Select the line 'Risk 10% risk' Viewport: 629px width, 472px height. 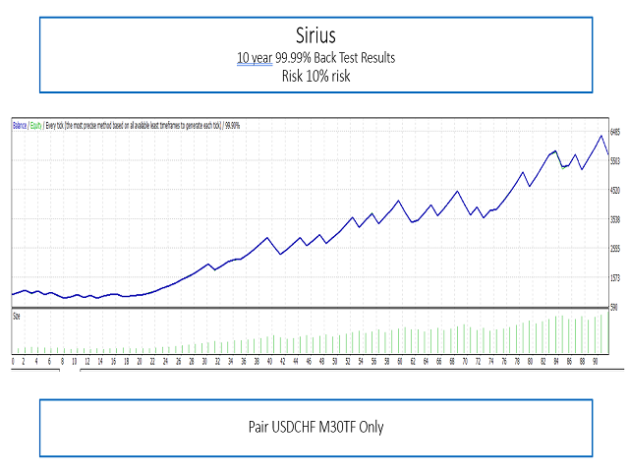314,77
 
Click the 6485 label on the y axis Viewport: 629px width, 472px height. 616,131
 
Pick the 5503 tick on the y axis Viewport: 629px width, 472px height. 616,160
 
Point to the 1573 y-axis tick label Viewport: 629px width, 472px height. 616,278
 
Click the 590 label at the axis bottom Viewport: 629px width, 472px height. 614,308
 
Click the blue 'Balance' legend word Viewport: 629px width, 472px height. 20,125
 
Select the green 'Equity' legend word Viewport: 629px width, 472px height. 35,125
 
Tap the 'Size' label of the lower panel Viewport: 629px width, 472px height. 17,315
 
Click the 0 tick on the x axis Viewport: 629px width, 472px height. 13,361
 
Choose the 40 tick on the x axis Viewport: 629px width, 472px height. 269,361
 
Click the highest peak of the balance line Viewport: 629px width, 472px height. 600,135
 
